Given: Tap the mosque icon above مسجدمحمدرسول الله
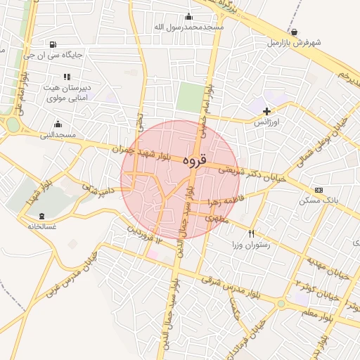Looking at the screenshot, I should click(x=188, y=17).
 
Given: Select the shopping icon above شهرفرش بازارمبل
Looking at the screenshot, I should click(x=293, y=32).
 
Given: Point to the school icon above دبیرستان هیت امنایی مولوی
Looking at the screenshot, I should click(x=67, y=77).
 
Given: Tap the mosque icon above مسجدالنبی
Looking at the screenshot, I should click(x=58, y=124).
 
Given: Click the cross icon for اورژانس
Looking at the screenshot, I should click(x=266, y=111).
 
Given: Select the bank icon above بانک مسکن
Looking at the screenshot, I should click(x=319, y=190).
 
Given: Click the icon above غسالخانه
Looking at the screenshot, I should click(x=41, y=215).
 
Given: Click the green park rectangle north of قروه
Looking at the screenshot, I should click(x=188, y=97).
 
